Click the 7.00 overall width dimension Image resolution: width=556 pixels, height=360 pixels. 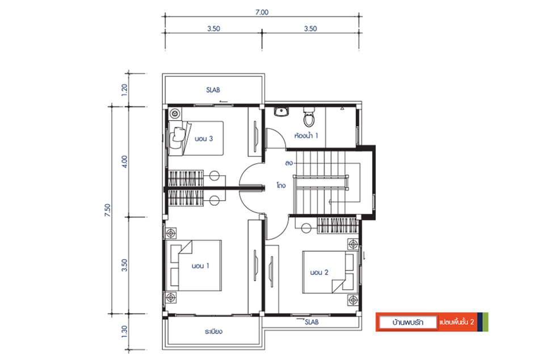(x=262, y=12)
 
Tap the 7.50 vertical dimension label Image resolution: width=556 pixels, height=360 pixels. (x=107, y=210)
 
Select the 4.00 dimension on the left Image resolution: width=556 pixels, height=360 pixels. (x=124, y=161)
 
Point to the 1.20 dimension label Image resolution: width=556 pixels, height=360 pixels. (x=124, y=90)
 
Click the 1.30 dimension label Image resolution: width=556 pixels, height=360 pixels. (x=124, y=332)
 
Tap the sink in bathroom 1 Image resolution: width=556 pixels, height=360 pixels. (x=281, y=111)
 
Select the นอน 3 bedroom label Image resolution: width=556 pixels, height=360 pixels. (x=204, y=138)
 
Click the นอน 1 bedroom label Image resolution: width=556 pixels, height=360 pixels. (x=200, y=266)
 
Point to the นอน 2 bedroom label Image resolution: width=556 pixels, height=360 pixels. (x=319, y=273)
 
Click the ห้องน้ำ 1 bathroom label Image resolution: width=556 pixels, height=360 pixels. (x=306, y=135)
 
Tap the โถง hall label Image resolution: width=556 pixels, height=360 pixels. (x=281, y=185)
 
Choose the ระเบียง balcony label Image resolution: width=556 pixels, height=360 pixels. (x=213, y=332)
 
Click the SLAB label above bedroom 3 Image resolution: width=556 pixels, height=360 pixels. (x=213, y=90)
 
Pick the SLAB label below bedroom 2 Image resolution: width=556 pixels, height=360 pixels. (x=311, y=322)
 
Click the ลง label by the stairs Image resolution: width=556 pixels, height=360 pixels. (x=289, y=163)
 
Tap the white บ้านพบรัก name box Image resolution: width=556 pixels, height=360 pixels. (x=407, y=323)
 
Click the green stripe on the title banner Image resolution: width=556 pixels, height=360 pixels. (x=486, y=322)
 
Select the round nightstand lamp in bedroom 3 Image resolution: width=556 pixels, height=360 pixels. (x=175, y=114)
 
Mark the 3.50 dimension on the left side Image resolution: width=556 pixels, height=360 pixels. (x=124, y=265)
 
